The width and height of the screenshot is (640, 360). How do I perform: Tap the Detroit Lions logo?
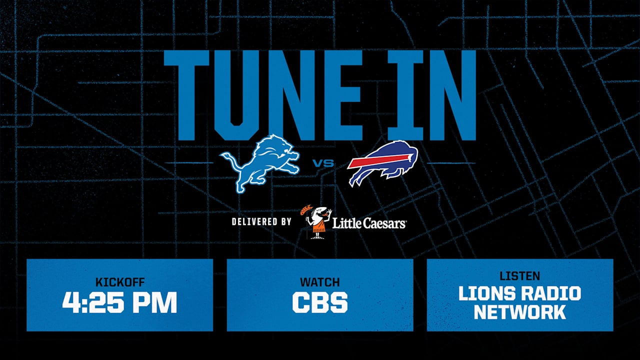pos(260,162)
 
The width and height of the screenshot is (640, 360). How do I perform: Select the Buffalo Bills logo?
pos(382,162)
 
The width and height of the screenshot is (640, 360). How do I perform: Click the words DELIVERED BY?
pos(261,221)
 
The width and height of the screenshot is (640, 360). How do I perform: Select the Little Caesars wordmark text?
pos(369,223)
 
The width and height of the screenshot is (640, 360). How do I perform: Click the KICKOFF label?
pos(119,282)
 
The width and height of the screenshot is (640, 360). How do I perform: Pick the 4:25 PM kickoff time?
pos(119,302)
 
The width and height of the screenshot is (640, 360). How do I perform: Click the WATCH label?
pos(320,282)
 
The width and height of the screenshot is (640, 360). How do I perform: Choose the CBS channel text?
pos(320,302)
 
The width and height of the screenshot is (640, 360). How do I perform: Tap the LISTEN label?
pos(520,275)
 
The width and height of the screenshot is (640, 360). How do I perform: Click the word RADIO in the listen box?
pos(552,293)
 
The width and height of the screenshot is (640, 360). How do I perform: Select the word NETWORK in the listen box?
pos(520,312)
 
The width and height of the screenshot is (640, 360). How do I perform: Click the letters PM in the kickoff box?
pos(155,302)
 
